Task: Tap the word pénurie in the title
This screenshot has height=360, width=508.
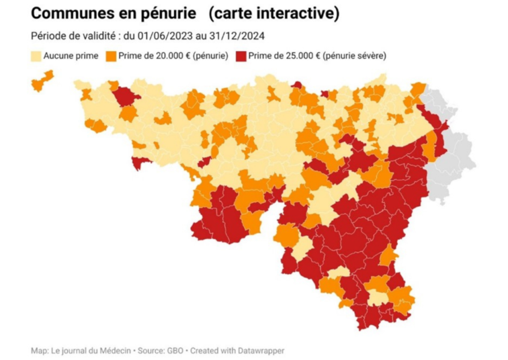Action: point(170,13)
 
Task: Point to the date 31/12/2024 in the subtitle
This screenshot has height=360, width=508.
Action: point(239,35)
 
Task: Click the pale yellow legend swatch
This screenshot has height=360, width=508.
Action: point(35,56)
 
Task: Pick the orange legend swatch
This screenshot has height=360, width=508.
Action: point(110,56)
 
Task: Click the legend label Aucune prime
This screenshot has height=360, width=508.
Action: point(69,56)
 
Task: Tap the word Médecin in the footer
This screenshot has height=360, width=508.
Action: point(112,350)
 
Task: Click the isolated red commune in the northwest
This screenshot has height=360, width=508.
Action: point(126,96)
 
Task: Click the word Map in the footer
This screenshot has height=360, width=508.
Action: point(38,350)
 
